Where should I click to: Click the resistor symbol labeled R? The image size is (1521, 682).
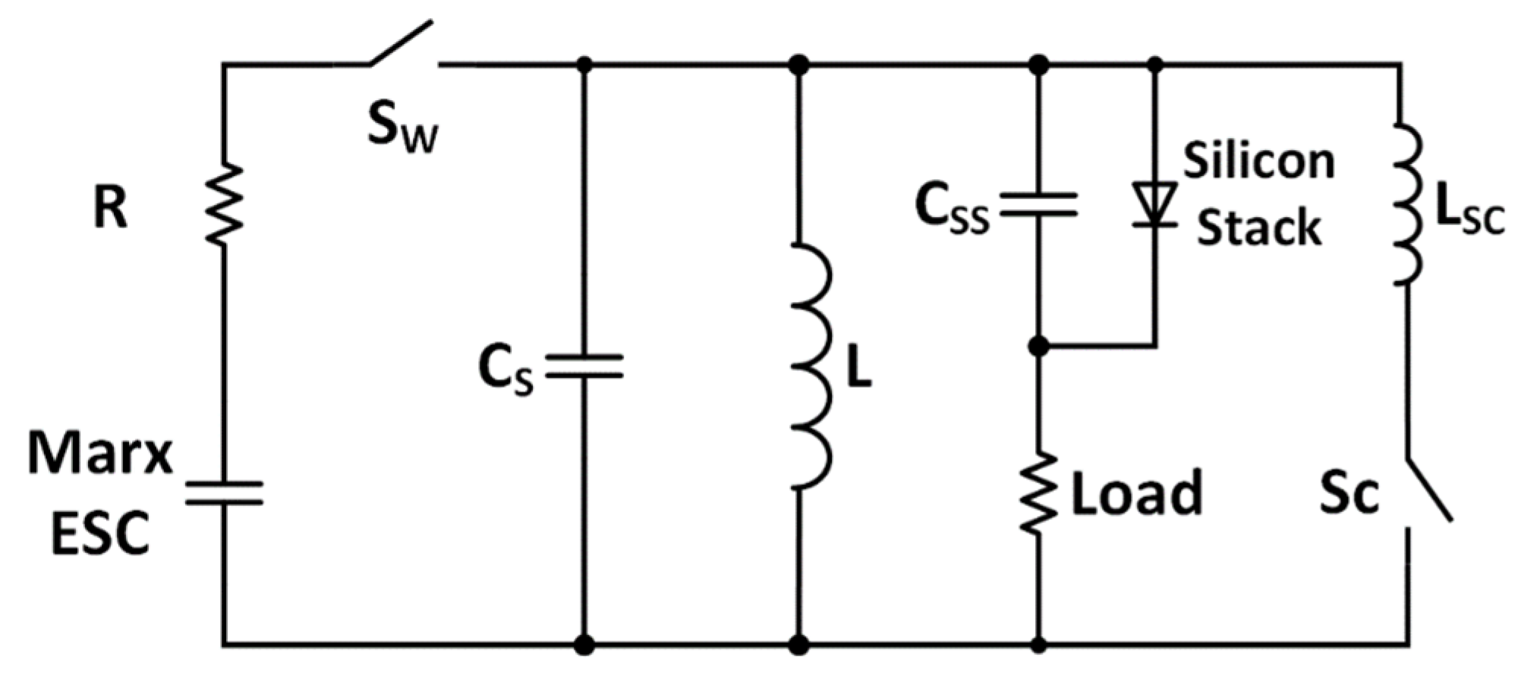tap(224, 203)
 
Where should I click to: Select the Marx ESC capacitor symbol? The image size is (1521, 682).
tap(224, 492)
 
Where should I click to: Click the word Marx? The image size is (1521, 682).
tap(100, 454)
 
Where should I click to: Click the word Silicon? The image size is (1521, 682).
tap(1258, 161)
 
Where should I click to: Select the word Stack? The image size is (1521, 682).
tap(1258, 227)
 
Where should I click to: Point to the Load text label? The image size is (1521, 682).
tap(1136, 493)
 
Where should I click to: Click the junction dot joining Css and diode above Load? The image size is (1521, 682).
tap(1038, 347)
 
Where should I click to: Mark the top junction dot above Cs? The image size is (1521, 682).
tap(584, 64)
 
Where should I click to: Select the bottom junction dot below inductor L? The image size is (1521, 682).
tap(798, 645)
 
